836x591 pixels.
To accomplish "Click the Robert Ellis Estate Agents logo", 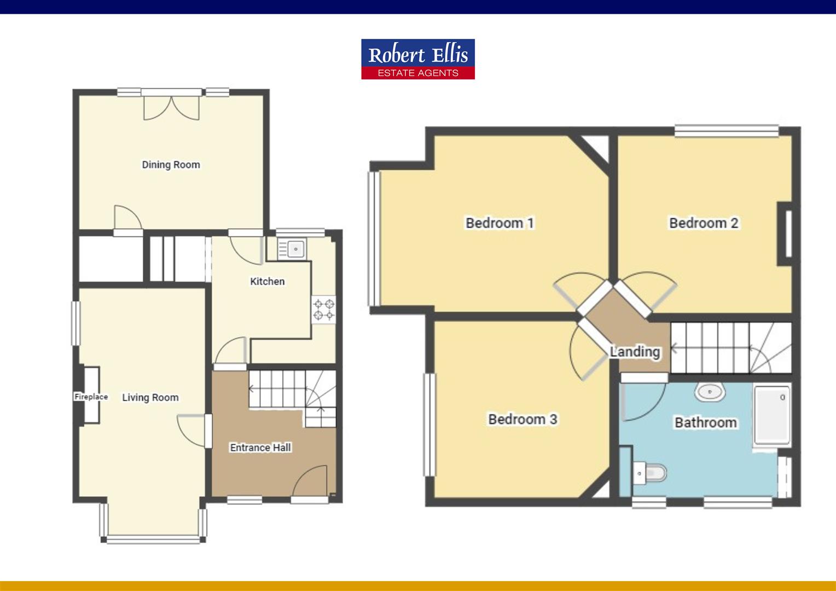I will point(417,59).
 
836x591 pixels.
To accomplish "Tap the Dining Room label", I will point(171,165).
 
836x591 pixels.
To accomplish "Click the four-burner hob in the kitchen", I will point(323,309).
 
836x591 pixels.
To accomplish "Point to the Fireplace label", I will point(91,397).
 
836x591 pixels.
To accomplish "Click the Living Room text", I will point(150,398).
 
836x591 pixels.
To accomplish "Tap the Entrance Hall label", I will point(260,448).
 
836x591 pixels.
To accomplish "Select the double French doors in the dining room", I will point(171,108).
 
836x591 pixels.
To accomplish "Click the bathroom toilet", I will point(651,473).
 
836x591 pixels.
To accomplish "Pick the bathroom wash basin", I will point(710,392).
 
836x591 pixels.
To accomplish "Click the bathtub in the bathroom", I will point(772,415).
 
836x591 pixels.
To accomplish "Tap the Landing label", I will point(635,351).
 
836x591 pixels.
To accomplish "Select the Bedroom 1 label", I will point(500,223).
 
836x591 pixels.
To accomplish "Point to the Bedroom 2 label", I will point(704,223).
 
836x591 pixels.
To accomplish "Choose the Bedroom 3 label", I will point(522,419).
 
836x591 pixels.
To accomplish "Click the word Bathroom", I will point(705,422).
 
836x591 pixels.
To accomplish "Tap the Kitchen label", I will point(267,281).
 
